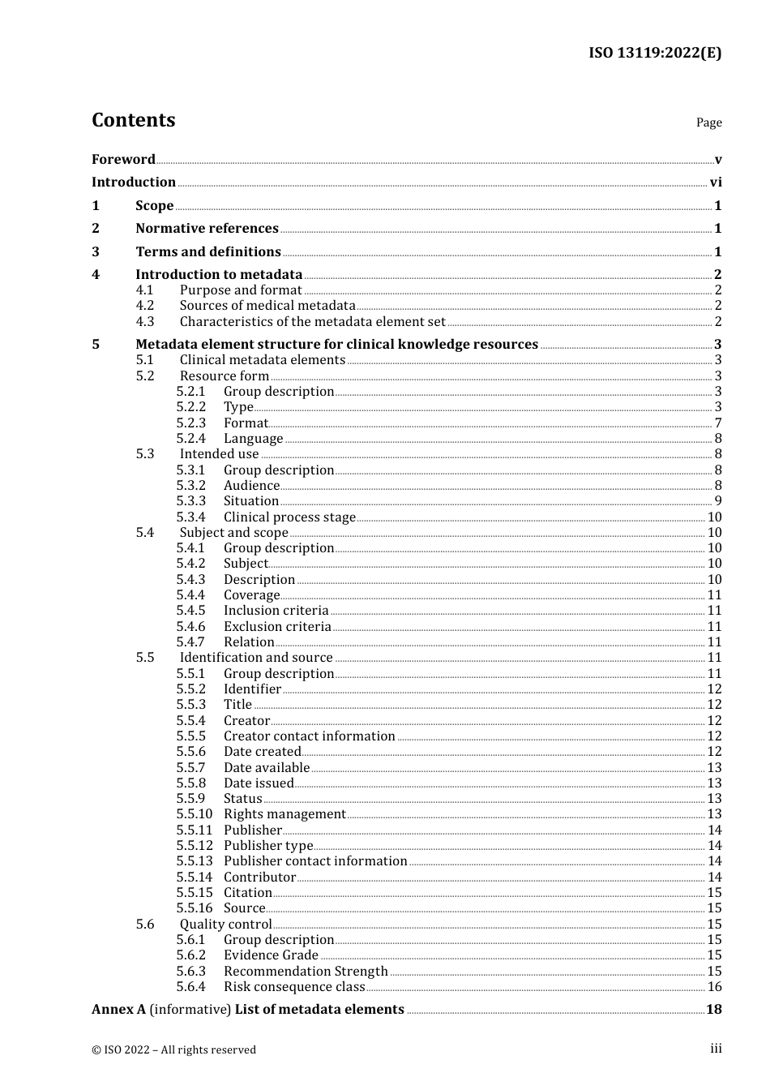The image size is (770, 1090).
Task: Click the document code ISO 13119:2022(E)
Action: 654,53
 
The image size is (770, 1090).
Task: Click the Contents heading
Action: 133,120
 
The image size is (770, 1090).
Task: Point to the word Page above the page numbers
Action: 708,122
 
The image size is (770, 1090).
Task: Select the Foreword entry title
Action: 123,160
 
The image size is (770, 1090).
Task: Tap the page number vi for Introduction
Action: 716,182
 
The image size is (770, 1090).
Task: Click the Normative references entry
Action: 207,229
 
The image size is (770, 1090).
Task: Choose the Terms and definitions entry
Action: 208,252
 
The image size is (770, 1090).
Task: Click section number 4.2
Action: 145,306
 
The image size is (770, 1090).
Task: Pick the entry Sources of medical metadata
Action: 267,306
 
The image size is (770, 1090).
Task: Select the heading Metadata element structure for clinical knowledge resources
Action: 336,345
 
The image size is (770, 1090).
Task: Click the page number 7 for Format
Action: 718,423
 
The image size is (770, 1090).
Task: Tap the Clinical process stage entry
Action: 289,517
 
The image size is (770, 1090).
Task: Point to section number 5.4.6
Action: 191,627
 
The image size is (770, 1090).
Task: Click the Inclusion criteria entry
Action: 276,611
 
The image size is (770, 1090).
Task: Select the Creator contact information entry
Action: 310,736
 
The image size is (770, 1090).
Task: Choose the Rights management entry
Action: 284,814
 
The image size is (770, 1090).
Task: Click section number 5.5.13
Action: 195,861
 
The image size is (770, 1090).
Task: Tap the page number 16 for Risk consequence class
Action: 714,987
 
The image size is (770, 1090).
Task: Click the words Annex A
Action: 118,1010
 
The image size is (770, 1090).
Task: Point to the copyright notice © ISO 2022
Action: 173,1049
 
